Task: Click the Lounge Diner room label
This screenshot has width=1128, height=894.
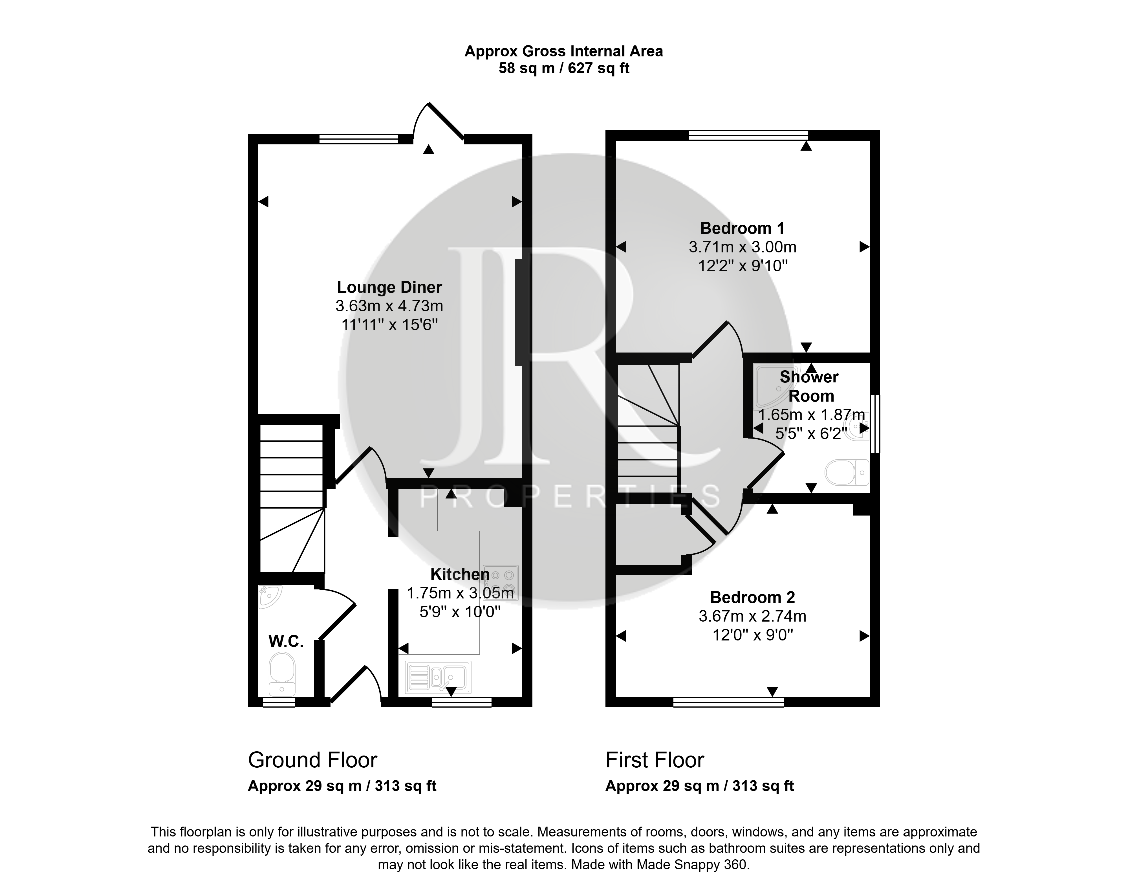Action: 389,287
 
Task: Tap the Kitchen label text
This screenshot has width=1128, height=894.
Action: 460,574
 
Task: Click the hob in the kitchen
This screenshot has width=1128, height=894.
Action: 501,582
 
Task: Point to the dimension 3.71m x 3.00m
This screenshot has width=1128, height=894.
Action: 743,247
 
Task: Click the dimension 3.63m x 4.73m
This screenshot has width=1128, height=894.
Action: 389,306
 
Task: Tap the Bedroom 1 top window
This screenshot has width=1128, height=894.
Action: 748,135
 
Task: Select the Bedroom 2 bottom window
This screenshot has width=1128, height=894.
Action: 729,702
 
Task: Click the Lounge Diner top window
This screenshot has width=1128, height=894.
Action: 359,139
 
